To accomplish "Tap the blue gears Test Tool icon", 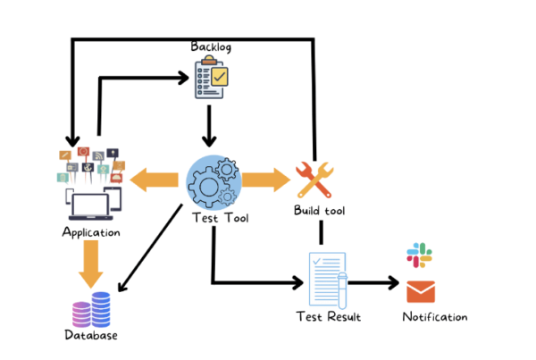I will pyautogui.click(x=213, y=181).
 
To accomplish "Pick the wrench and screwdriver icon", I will pyautogui.click(x=314, y=180).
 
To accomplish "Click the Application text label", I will pyautogui.click(x=91, y=232).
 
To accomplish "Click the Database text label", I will pyautogui.click(x=91, y=336).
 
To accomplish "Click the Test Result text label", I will pyautogui.click(x=328, y=316).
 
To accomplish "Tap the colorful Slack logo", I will pyautogui.click(x=420, y=255).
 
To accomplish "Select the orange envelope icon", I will pyautogui.click(x=420, y=292).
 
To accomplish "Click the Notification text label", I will pyautogui.click(x=434, y=317).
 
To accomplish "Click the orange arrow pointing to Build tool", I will pyautogui.click(x=265, y=181).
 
